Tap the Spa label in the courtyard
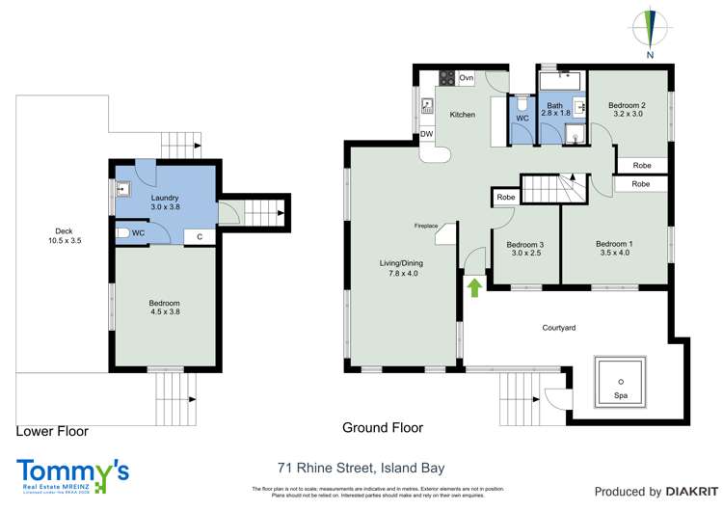[x=619, y=395]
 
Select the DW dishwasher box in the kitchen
[x=426, y=135]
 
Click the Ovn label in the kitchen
[x=467, y=77]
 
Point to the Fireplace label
[x=426, y=226]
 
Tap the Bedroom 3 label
[x=524, y=244]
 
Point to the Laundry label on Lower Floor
[x=139, y=198]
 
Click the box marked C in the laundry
[x=199, y=235]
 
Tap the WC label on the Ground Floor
[x=522, y=119]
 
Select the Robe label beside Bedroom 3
[x=504, y=198]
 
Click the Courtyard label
[x=556, y=328]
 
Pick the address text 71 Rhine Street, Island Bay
[x=361, y=469]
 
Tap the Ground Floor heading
[x=383, y=427]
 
